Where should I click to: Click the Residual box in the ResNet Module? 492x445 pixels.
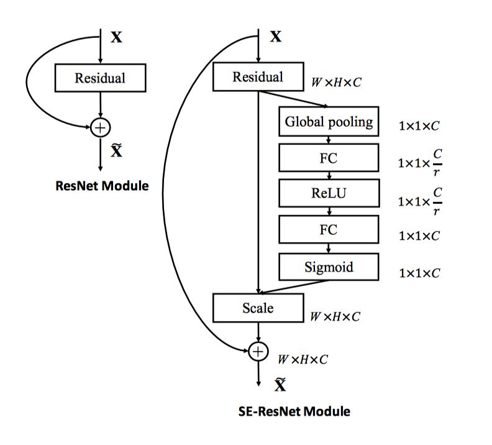click(x=100, y=78)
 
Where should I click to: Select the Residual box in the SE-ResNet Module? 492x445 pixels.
click(x=258, y=77)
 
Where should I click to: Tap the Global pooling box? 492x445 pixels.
click(x=329, y=122)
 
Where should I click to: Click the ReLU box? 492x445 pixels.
click(x=329, y=193)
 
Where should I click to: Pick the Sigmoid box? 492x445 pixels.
click(x=329, y=267)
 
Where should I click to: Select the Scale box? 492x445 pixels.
click(x=258, y=308)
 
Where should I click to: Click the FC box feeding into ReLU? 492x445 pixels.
click(x=329, y=158)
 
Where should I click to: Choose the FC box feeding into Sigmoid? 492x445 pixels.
click(x=329, y=229)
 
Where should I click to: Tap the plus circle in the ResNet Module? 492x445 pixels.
click(x=100, y=127)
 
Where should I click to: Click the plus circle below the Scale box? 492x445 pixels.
click(x=258, y=351)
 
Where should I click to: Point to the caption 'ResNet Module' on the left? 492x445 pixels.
click(x=100, y=185)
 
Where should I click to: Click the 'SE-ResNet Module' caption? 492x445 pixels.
click(x=294, y=411)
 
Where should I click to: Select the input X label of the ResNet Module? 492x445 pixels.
click(x=116, y=37)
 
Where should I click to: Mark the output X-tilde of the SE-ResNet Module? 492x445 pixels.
click(x=280, y=385)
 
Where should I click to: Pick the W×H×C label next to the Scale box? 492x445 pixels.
click(x=336, y=316)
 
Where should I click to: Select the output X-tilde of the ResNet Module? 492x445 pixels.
click(x=117, y=150)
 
